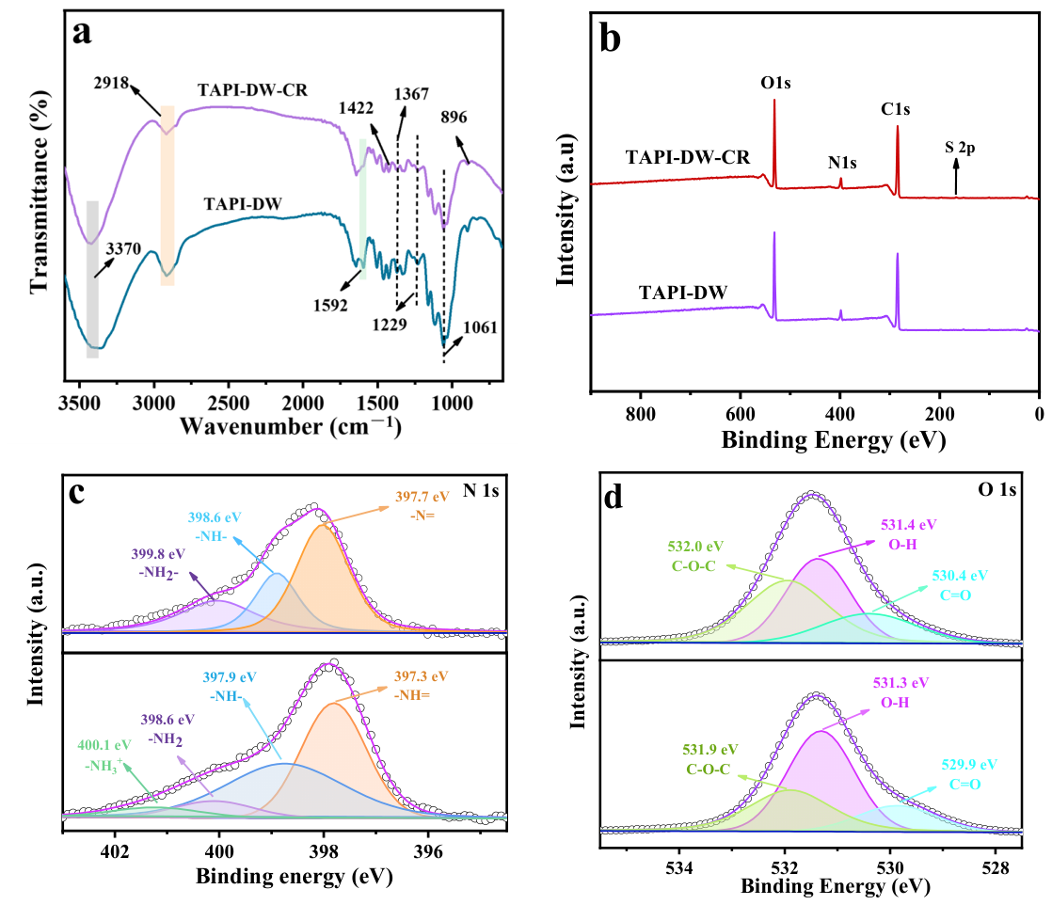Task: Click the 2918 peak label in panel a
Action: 111,84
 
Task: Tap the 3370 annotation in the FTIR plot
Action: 123,249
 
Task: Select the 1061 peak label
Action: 480,327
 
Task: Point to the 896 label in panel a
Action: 454,118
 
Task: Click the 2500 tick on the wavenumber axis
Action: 228,404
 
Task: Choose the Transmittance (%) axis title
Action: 40,191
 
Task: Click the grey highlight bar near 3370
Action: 92,279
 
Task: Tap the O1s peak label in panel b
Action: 775,83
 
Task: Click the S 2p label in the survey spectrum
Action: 960,147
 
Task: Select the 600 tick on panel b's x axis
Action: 740,414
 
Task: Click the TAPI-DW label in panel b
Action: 683,293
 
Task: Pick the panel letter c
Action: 77,494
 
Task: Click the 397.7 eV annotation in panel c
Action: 422,497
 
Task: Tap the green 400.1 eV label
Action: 104,745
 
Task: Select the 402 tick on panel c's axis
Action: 115,852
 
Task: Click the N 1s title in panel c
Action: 481,491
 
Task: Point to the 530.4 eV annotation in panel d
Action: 960,576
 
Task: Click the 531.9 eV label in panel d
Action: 710,750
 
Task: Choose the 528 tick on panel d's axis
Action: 995,868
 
